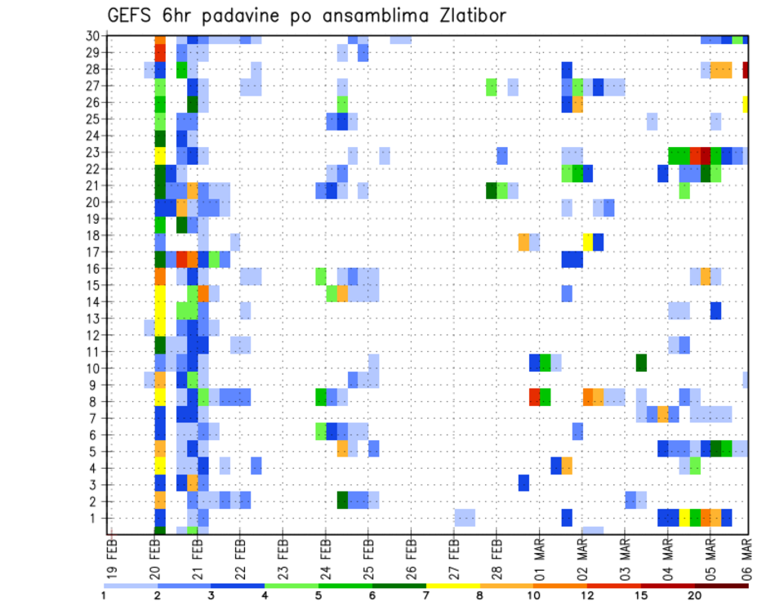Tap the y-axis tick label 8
[x=96, y=401]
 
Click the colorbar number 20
[x=695, y=595]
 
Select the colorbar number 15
[x=641, y=595]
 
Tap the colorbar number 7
[x=426, y=595]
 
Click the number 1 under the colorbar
[x=104, y=595]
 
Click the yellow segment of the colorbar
[x=452, y=586]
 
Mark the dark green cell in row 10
[x=641, y=362]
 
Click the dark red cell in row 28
[x=746, y=69]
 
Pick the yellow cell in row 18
[x=587, y=242]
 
